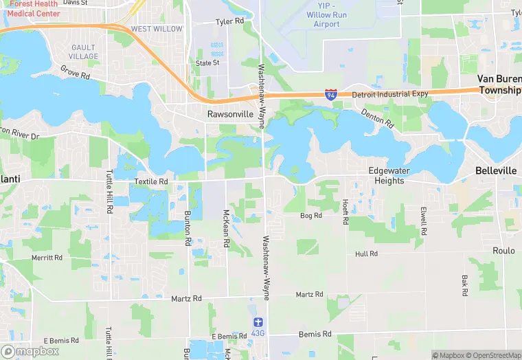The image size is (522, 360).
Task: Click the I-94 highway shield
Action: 331,94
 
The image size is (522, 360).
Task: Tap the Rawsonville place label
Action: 231,114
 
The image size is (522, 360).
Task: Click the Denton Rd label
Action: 377,120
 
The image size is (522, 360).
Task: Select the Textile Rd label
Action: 151,181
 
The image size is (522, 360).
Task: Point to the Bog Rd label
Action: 311,216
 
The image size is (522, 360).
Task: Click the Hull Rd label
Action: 366,254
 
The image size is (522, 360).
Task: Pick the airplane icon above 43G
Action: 258,322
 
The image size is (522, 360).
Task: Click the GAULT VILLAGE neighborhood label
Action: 84,52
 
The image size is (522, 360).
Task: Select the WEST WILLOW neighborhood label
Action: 157,29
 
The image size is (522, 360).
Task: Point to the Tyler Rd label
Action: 229,22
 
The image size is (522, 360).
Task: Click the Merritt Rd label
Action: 47,258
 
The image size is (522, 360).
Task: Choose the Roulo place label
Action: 503,251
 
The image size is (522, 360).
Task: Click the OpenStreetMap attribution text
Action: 492,355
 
